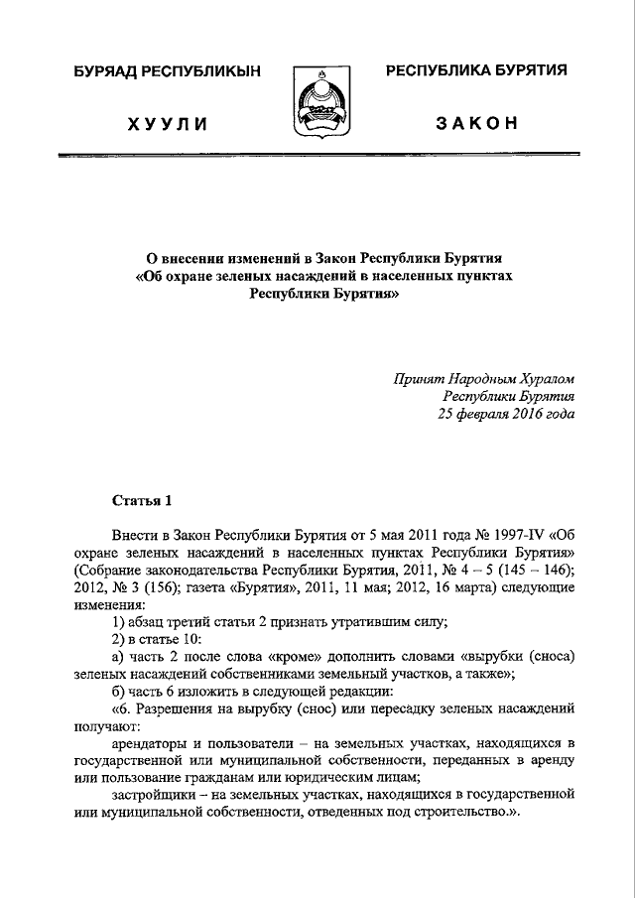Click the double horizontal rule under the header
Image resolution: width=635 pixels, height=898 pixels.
(317, 157)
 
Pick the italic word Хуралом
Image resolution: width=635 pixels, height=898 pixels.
(541, 379)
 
